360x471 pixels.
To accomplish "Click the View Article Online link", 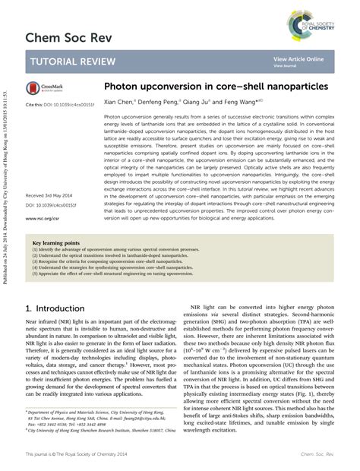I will point(298,58).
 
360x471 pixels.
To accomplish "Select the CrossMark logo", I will point(48,88).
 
